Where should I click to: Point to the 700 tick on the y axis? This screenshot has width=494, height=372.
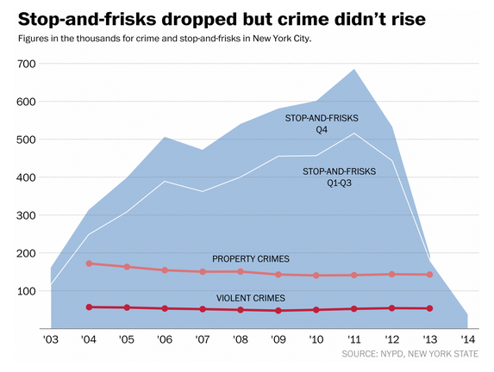tap(26, 64)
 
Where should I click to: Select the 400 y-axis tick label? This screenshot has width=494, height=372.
tap(26, 177)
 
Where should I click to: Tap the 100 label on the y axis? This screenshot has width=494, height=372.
tap(26, 291)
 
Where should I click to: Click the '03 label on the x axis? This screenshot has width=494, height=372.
tap(51, 340)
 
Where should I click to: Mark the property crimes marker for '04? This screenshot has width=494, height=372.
tap(89, 263)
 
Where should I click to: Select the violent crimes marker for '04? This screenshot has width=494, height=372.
tap(89, 307)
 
